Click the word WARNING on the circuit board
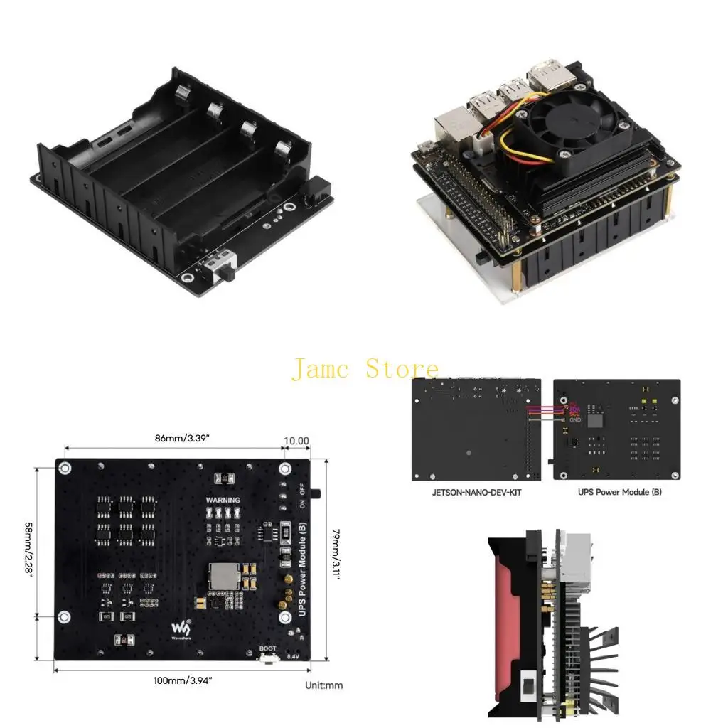pyautogui.click(x=223, y=500)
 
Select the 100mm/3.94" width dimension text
pyautogui.click(x=183, y=680)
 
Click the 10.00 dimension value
pyautogui.click(x=296, y=441)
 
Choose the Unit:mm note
pyautogui.click(x=323, y=685)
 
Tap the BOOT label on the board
pyautogui.click(x=268, y=648)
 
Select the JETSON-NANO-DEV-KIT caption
pyautogui.click(x=476, y=492)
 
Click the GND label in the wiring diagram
pyautogui.click(x=575, y=420)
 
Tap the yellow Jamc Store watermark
pyautogui.click(x=365, y=368)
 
